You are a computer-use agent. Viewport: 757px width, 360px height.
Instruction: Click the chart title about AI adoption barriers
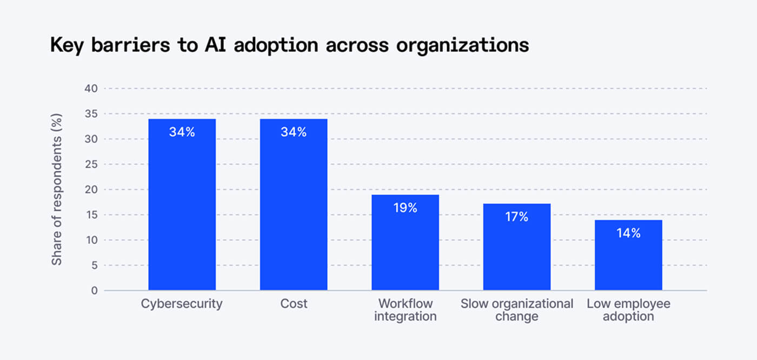289,45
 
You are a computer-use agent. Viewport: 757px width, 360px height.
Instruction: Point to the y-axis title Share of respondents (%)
57,189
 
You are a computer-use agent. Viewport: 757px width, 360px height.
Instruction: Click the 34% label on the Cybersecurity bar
182,132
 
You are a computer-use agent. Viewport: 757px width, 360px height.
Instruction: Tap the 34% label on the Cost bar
294,132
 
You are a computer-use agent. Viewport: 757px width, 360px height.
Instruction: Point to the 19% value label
405,208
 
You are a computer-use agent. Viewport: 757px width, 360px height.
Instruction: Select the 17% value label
517,217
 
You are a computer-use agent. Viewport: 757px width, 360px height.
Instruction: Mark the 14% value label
628,233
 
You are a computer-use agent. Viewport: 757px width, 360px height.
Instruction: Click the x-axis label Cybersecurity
182,304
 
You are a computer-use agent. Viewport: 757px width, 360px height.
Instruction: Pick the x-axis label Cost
294,304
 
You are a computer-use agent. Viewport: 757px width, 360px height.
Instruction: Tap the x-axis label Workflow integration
405,310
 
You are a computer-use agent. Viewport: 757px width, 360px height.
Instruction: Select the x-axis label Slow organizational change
517,310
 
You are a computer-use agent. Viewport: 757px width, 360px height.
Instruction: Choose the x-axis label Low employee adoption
628,310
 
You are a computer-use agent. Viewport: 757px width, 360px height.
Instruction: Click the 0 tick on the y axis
94,291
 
